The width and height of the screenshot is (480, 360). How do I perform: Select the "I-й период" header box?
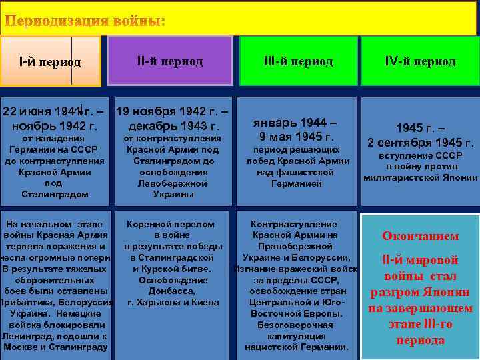tap(51, 62)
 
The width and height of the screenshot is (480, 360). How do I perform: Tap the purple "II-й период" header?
tap(169, 61)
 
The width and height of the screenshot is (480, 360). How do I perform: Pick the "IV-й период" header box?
tap(420, 61)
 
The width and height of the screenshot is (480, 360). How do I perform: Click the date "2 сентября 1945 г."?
tap(421, 143)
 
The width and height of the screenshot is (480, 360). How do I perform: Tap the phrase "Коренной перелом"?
tap(171, 225)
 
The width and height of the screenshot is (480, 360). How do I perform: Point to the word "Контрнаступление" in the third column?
tap(293, 225)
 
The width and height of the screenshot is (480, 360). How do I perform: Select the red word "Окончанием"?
tap(420, 236)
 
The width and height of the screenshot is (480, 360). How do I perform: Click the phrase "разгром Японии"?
tap(420, 292)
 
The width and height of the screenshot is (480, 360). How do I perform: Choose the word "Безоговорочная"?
tap(296, 325)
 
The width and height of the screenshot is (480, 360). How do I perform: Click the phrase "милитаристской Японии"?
tap(421, 178)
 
